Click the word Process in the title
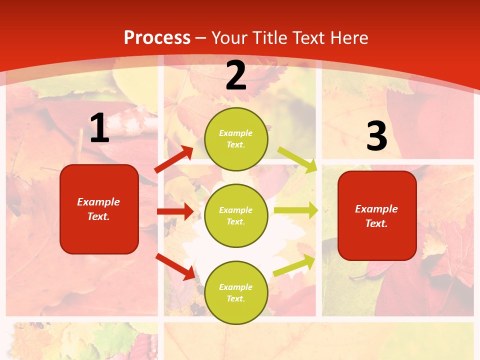point(157,38)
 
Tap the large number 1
point(99,129)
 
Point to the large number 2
point(236,76)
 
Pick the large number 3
point(376,136)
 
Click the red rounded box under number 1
point(99,209)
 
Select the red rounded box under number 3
point(377,216)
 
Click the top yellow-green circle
point(236,139)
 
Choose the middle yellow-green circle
point(236,215)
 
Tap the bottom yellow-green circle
point(236,292)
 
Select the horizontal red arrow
point(175,211)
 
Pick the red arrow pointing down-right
point(175,266)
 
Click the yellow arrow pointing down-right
point(297,159)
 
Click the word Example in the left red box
point(98,202)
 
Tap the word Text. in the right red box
point(376,223)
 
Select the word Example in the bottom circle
point(236,287)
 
